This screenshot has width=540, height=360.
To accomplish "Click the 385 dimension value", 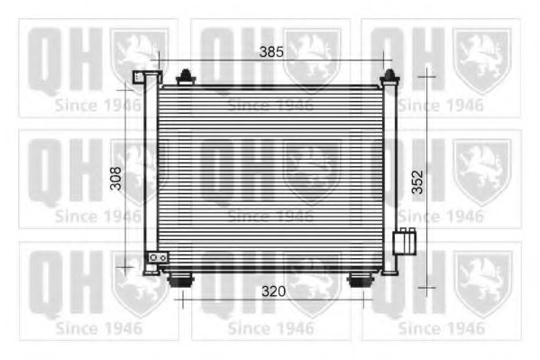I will pyautogui.click(x=271, y=51).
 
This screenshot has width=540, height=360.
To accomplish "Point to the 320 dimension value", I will pyautogui.click(x=274, y=291).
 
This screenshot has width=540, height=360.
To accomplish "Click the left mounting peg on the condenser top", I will pyautogui.click(x=186, y=76).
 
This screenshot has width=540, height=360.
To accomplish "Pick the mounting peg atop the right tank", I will pyautogui.click(x=389, y=76).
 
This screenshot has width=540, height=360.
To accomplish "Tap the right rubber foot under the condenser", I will pyautogui.click(x=361, y=281).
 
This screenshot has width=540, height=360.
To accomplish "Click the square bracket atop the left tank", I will pyautogui.click(x=140, y=78).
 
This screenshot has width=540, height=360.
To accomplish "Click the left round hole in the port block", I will pyautogui.click(x=153, y=258).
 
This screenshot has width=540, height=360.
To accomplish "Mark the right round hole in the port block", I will pyautogui.click(x=162, y=258).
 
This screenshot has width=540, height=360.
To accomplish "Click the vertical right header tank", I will pyautogui.click(x=389, y=176).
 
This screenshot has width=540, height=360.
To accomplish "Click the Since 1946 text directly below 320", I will pyautogui.click(x=270, y=327).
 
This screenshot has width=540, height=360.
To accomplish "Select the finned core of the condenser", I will pyautogui.click(x=270, y=176).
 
